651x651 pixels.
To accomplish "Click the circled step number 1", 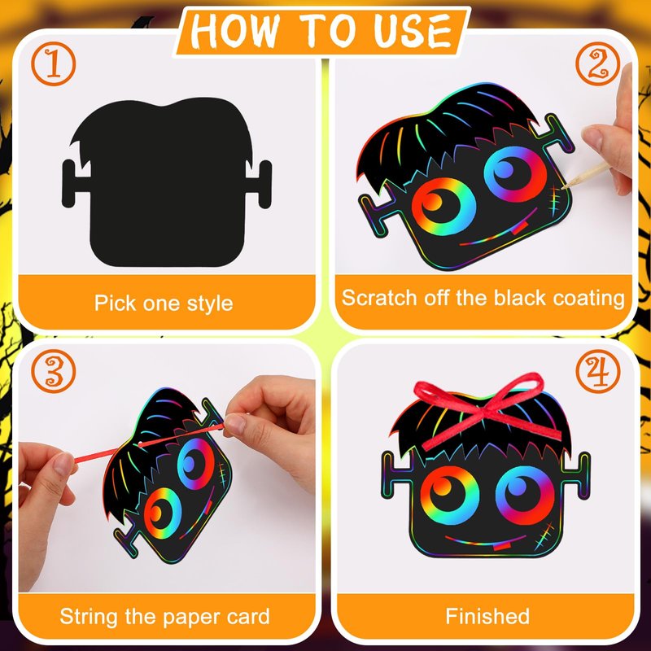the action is click(54, 64).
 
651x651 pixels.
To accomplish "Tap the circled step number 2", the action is click(598, 64).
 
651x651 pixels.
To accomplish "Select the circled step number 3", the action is click(54, 371).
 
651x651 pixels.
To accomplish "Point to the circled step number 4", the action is click(598, 371).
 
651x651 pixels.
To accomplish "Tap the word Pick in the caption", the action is click(116, 303).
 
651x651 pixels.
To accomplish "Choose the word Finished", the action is click(487, 616).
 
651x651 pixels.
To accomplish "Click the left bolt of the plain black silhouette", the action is click(74, 184).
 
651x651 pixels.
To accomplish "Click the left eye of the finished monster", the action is click(450, 496).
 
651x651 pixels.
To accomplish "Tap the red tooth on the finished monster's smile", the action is click(501, 546).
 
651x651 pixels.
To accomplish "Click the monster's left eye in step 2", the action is click(443, 207).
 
